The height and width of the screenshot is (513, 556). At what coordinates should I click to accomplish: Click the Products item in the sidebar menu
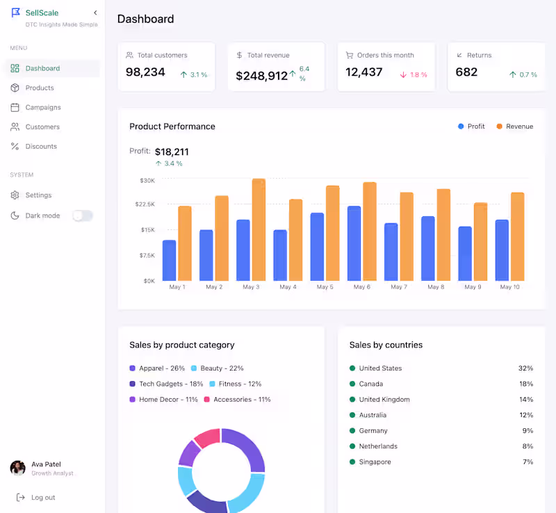[x=39, y=88]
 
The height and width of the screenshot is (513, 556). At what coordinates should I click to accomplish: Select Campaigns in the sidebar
[x=42, y=108]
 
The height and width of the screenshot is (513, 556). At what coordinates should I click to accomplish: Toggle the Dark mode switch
[x=82, y=215]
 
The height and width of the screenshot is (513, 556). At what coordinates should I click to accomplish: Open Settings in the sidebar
[x=38, y=195]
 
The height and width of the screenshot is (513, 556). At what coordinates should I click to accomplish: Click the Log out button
[x=42, y=498]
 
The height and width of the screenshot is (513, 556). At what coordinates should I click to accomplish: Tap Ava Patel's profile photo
[x=18, y=468]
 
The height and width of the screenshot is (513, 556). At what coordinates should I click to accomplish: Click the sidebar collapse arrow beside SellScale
[x=95, y=13]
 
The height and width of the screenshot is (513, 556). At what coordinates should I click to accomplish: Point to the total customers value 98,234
[x=145, y=72]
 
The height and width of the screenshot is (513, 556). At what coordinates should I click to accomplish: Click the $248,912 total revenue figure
[x=261, y=76]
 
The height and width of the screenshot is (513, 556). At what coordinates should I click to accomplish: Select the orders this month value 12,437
[x=363, y=72]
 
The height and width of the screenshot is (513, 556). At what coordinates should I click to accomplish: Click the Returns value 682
[x=466, y=72]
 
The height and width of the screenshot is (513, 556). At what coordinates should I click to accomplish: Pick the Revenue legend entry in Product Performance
[x=515, y=127]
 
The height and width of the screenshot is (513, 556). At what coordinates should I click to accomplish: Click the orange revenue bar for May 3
[x=259, y=229]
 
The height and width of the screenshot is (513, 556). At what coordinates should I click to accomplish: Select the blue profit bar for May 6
[x=354, y=243]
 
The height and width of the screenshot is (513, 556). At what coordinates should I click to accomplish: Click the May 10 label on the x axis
[x=509, y=287]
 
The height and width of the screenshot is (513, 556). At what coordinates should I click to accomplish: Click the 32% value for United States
[x=525, y=368]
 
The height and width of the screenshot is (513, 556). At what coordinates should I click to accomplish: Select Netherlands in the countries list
[x=378, y=446]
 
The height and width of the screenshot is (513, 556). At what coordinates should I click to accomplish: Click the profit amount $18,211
[x=172, y=152]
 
